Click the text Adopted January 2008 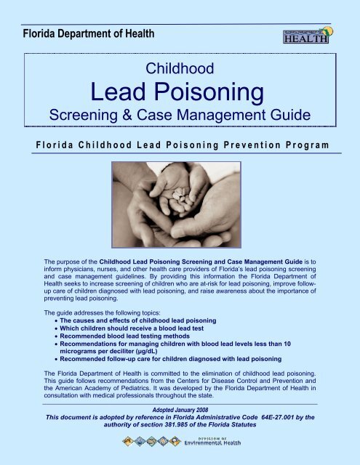coord(179,411)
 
